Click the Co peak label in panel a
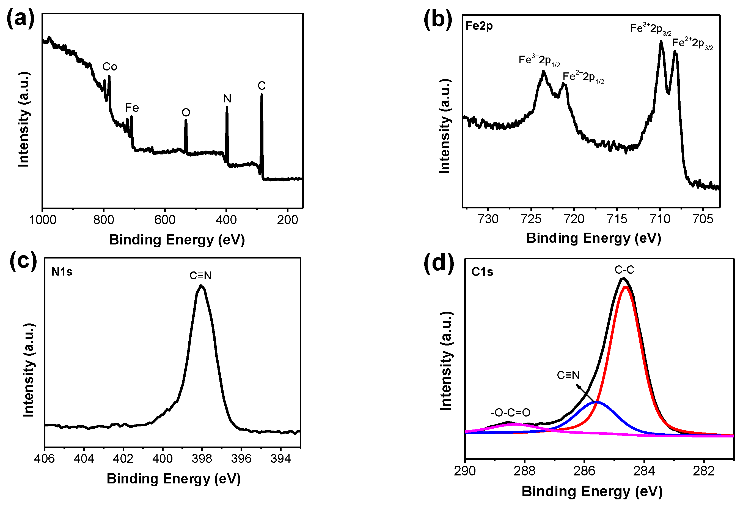click(109, 67)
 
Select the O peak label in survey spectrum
click(186, 112)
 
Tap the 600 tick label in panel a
click(165, 220)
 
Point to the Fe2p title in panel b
click(479, 26)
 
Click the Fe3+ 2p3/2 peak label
click(650, 29)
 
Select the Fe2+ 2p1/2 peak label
click(583, 77)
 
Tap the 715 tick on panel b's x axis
click(617, 219)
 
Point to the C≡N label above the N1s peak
click(200, 275)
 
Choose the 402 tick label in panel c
click(123, 459)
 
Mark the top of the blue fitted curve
click(597, 402)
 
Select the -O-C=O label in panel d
click(510, 413)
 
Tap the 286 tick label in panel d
click(584, 471)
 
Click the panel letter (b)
click(438, 19)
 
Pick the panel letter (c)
click(23, 261)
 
